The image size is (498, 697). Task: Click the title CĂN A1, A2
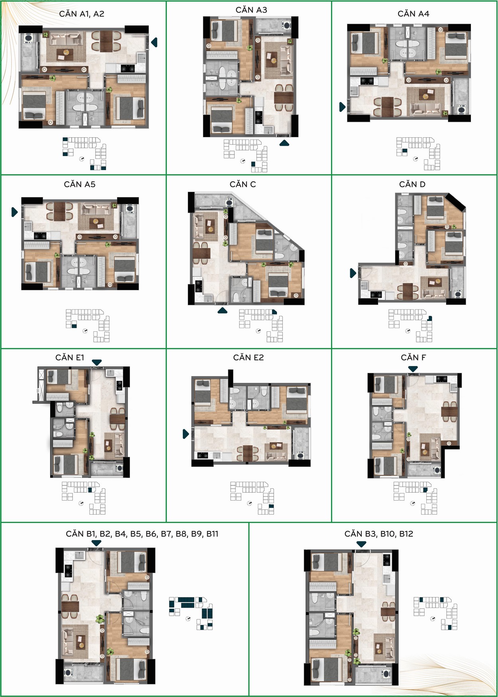tap(82, 14)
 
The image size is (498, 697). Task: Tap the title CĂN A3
tap(251, 10)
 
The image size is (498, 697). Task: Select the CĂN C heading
tap(243, 184)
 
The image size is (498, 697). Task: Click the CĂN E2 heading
tap(248, 358)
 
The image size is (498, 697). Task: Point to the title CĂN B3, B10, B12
tap(379, 534)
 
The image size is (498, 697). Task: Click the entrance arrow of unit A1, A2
tap(154, 42)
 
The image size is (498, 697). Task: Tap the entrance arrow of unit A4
tap(342, 107)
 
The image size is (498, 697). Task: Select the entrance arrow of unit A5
tap(15, 212)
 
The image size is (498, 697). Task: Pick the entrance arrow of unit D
tap(353, 273)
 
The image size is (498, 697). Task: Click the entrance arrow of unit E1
tap(97, 362)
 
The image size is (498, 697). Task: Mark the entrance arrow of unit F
tap(413, 369)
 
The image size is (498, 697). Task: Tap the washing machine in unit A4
tap(461, 109)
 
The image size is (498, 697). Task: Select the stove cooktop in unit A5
tap(40, 235)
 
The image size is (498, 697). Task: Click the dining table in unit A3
tap(283, 98)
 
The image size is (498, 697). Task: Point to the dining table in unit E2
tap(247, 453)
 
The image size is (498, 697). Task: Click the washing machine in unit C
tap(229, 202)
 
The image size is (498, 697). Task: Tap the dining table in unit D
tap(408, 292)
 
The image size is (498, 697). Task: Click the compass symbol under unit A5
tap(85, 331)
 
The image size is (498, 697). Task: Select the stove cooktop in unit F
tap(441, 379)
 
